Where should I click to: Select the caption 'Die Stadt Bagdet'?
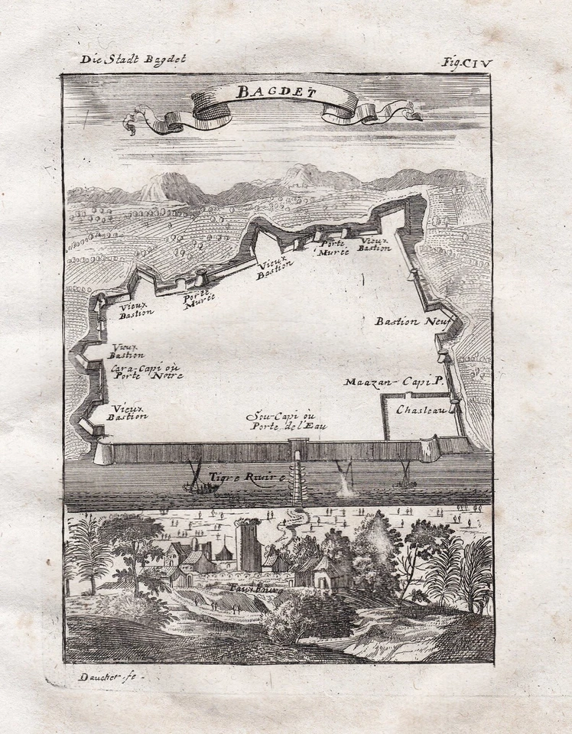(x=132, y=58)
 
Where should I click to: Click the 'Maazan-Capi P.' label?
(x=393, y=382)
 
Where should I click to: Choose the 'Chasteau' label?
(x=421, y=411)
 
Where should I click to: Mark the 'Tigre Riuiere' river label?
(x=247, y=476)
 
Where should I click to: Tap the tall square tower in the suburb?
(x=249, y=546)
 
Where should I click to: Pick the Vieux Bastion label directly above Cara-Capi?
(x=127, y=351)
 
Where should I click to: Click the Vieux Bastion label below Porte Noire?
(x=127, y=414)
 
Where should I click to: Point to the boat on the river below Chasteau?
(x=403, y=479)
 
